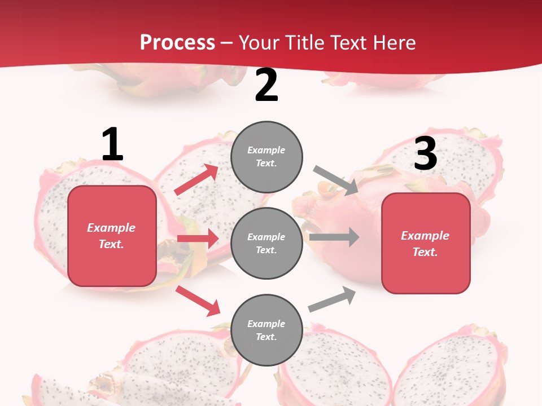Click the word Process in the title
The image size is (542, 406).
point(177,43)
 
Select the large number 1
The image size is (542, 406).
point(112,145)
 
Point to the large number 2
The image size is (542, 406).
point(266,85)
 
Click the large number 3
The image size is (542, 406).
point(425,153)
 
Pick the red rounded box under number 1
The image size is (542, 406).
point(112,236)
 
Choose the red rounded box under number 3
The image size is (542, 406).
point(426,243)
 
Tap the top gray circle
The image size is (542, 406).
point(266,157)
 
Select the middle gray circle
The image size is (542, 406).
point(266,243)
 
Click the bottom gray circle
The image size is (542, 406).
point(266,330)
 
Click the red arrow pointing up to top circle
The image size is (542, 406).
point(196,180)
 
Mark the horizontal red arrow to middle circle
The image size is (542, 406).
point(198,239)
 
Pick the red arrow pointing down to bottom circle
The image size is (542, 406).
point(198,300)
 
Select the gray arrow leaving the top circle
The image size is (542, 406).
point(335,180)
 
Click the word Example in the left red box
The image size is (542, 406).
point(111,228)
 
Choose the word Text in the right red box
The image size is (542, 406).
point(424,252)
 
